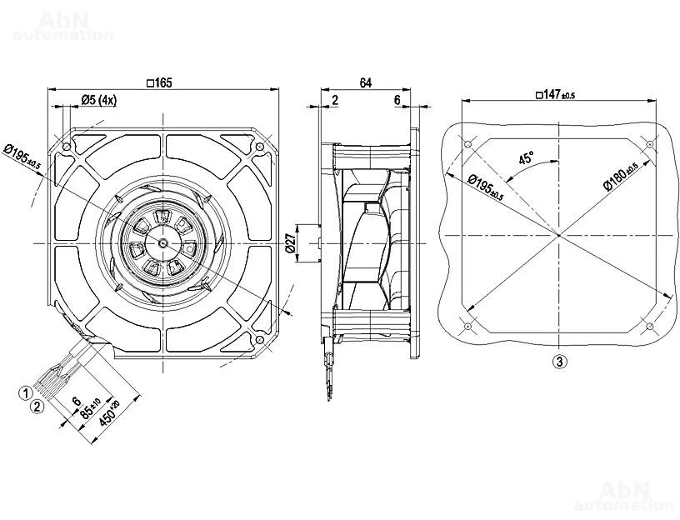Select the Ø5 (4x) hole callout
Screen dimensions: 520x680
point(99,100)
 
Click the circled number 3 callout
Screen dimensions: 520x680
point(560,362)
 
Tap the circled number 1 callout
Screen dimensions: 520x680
point(26,392)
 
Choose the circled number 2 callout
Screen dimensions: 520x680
point(36,407)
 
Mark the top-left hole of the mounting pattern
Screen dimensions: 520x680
point(467,145)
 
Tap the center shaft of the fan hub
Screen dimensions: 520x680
point(162,242)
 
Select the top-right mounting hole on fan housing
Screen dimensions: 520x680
point(260,147)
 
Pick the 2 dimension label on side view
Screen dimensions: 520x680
point(334,100)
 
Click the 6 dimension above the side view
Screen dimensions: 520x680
point(397,100)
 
